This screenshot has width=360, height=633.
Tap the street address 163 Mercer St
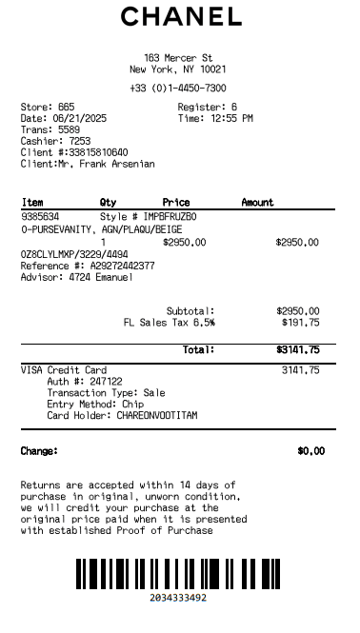tap(178, 58)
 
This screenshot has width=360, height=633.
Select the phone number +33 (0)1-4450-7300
tap(178, 88)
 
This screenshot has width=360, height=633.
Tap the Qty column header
tap(108, 203)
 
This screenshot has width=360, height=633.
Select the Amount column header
tap(257, 203)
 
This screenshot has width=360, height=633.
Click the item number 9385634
tap(40, 217)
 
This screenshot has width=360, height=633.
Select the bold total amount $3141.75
tap(297, 350)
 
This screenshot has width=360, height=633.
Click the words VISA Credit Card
tap(64, 370)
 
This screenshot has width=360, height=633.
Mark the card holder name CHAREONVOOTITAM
tap(158, 416)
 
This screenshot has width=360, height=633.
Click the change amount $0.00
tap(310, 451)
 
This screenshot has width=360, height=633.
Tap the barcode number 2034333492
tap(178, 598)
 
